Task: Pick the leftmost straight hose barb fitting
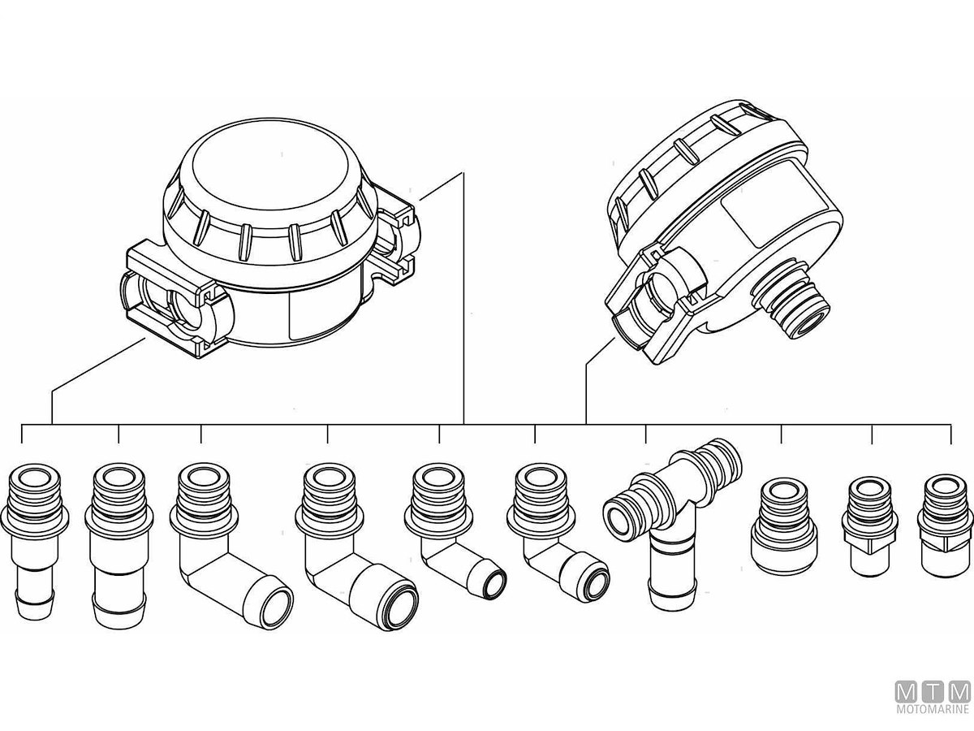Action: pyautogui.click(x=35, y=541)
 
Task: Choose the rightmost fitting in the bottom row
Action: pyautogui.click(x=945, y=526)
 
